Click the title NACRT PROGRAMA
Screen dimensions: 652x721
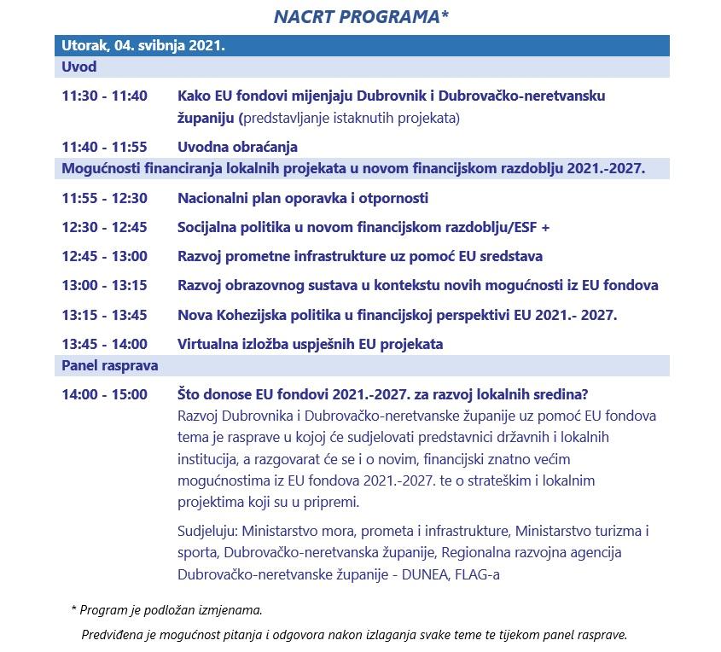pos(360,17)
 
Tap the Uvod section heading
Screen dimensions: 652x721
pos(79,67)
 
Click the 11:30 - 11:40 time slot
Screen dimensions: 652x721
pos(104,96)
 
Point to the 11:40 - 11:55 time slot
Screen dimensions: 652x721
pos(104,148)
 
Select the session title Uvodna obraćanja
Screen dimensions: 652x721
pos(237,148)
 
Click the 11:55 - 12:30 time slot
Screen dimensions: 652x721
pos(104,199)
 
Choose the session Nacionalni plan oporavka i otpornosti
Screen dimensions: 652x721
pos(302,199)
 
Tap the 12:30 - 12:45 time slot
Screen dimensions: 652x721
pos(104,228)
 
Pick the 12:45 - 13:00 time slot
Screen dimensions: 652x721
pos(104,257)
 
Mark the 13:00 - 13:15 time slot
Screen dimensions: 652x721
pos(104,286)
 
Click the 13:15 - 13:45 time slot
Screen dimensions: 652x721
pos(104,315)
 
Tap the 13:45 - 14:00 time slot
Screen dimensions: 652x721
pos(104,344)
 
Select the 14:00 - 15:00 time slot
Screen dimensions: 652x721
pos(104,395)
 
